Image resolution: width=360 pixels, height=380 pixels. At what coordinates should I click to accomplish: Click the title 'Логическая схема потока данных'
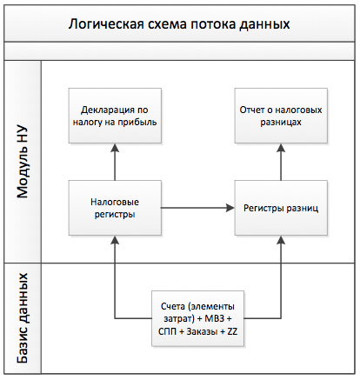click(x=179, y=24)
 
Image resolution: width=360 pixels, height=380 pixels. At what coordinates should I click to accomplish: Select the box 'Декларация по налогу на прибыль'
click(x=115, y=116)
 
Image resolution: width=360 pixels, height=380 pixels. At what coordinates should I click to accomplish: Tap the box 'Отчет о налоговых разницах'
click(x=281, y=116)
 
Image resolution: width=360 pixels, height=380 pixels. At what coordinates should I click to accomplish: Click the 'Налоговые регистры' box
click(x=115, y=208)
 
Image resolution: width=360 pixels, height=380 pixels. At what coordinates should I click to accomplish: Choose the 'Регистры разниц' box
click(x=281, y=208)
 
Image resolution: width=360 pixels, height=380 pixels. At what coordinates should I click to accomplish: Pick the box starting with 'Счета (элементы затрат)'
click(x=198, y=318)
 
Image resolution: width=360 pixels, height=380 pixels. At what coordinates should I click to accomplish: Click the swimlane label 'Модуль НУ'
click(x=23, y=162)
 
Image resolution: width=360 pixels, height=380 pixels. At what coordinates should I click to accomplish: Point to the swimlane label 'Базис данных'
click(x=23, y=318)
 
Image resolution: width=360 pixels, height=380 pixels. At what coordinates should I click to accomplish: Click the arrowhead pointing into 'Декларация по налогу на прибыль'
click(x=115, y=148)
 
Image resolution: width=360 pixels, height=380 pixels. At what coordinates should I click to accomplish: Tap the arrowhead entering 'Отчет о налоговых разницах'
click(x=281, y=148)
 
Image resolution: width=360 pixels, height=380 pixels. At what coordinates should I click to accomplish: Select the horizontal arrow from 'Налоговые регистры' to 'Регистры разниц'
click(x=197, y=208)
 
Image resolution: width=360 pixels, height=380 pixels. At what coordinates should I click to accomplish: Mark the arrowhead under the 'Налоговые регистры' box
click(x=115, y=240)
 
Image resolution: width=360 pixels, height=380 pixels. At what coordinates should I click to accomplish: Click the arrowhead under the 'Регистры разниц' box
click(x=281, y=240)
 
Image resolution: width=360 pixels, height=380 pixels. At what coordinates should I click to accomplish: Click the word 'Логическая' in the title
click(x=106, y=24)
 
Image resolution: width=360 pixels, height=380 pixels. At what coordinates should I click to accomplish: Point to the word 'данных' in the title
click(x=264, y=24)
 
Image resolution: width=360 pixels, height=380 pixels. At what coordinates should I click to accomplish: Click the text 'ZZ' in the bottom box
click(x=232, y=331)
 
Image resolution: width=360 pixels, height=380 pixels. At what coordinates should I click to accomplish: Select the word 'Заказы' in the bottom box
click(x=202, y=331)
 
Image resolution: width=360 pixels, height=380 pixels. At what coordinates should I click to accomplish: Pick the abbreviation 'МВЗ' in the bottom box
click(x=215, y=318)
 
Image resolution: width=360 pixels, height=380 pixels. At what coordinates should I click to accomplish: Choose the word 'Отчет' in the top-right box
click(x=252, y=110)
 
